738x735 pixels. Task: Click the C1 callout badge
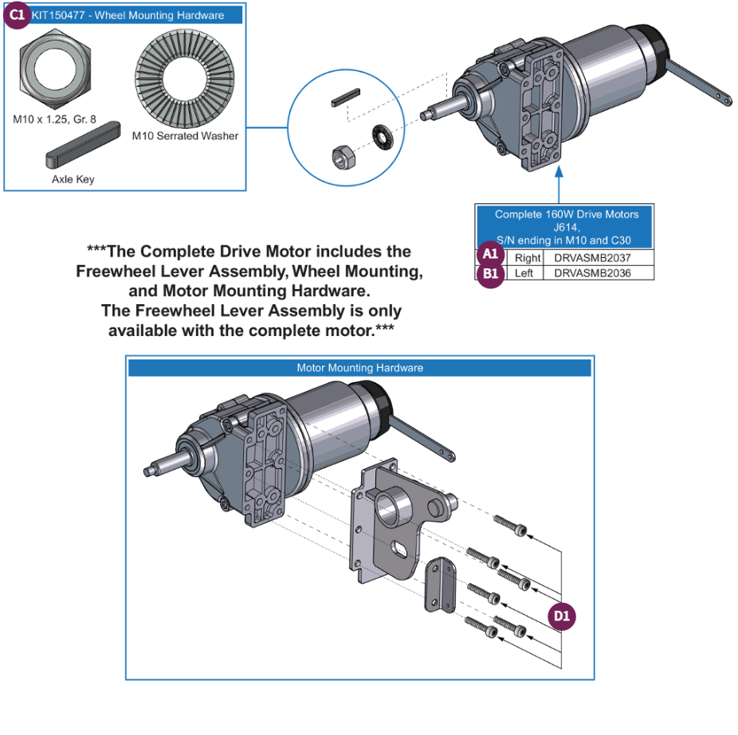[18, 15]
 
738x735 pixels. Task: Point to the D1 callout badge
[563, 616]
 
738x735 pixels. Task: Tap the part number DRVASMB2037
[598, 258]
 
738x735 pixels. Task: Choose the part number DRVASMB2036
[598, 273]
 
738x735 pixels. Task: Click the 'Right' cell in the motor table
[528, 258]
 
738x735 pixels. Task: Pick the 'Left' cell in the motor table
[528, 273]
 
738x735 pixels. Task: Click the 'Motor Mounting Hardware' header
[359, 368]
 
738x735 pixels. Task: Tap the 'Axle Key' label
[73, 179]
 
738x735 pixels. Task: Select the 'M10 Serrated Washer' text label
[185, 135]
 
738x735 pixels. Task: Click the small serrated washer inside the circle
[383, 135]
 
